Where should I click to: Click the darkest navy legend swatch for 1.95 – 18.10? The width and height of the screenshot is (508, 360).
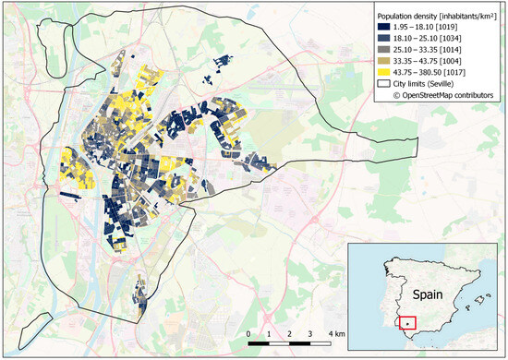[x=383, y=30]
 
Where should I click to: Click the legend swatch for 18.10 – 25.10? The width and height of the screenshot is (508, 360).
[x=383, y=40]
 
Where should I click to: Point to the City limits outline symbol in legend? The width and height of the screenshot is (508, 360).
[x=383, y=83]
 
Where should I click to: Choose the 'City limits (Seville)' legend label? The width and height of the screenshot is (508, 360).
[x=433, y=83]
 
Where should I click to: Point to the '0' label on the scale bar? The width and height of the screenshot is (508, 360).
[x=248, y=333]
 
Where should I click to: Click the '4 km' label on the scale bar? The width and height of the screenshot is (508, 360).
[x=337, y=333]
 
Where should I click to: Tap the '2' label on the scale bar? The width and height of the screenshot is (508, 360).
[x=290, y=333]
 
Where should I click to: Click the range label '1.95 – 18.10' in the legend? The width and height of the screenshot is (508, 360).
[x=418, y=30]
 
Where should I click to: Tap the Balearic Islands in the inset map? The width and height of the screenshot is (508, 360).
[x=475, y=300]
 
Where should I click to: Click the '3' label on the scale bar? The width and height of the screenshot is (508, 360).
[x=311, y=333]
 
